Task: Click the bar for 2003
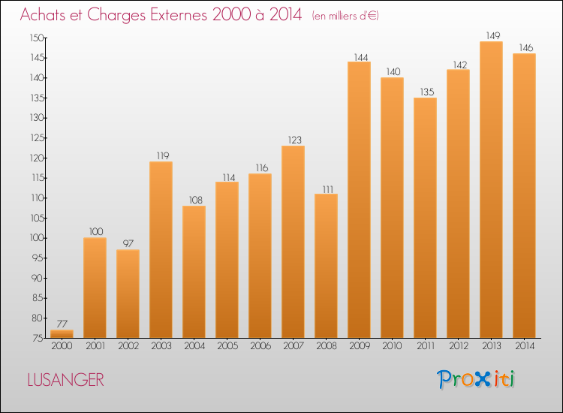point(161,249)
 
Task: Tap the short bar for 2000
point(62,333)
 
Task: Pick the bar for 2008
point(326,266)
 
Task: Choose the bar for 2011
point(425,218)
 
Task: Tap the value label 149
point(491,35)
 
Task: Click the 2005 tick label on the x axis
point(227,347)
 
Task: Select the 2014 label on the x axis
point(524,347)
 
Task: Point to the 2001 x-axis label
point(95,347)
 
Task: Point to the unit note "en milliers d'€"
point(345,16)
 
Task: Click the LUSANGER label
point(65,380)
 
